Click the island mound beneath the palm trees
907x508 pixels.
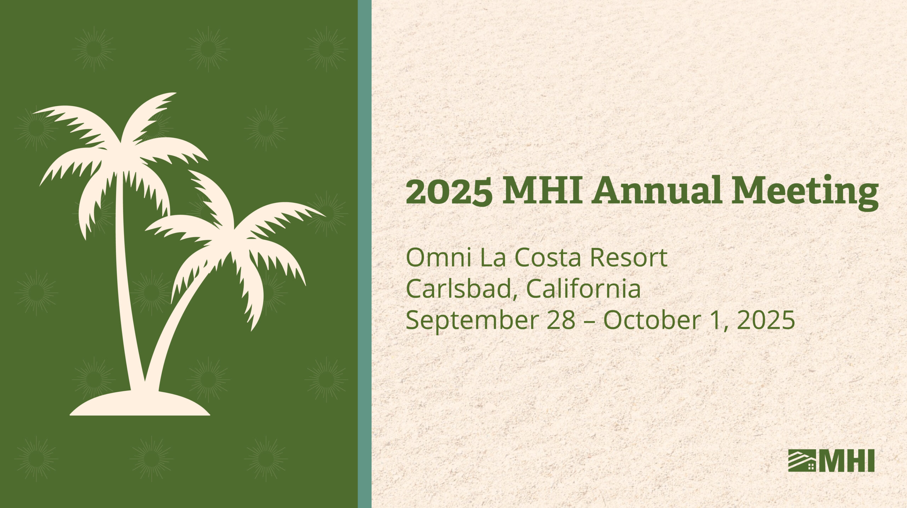coord(140,404)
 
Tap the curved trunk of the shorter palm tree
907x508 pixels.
coord(177,319)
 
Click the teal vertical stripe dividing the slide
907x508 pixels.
coord(365,254)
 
